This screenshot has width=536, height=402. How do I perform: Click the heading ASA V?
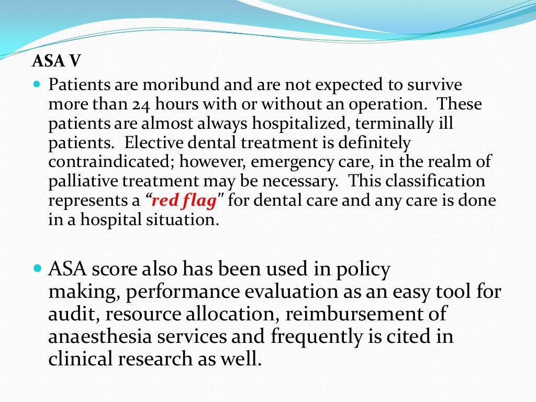coord(57,62)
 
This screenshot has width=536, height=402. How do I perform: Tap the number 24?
coord(142,104)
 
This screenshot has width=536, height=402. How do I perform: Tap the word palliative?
coord(84,181)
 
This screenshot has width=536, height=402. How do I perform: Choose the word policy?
coord(364,270)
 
